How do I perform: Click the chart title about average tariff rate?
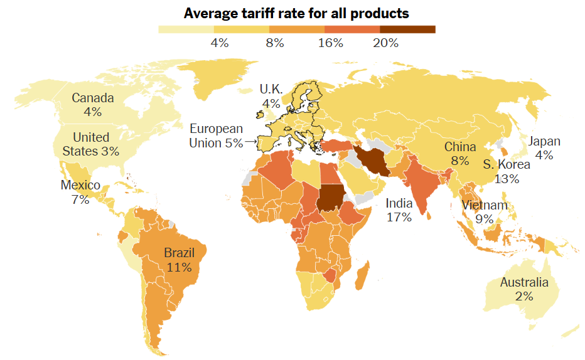296,13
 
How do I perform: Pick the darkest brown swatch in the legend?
407,29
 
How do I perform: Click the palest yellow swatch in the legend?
186,29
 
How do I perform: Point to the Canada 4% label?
92,105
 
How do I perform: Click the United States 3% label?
91,144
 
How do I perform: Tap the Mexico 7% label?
80,192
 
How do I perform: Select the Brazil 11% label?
179,260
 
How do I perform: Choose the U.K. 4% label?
271,96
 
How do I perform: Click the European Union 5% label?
217,135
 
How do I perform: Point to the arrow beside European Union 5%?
251,142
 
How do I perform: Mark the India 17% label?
399,210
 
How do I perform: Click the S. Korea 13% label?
507,171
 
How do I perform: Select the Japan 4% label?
544,148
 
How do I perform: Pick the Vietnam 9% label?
484,212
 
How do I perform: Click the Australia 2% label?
524,289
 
